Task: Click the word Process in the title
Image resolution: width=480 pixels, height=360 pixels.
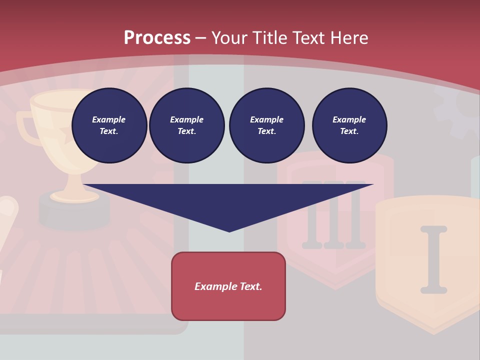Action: pos(157,38)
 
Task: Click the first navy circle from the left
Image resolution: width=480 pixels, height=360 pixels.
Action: pos(109,125)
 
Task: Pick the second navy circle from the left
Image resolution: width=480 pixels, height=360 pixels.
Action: pos(187,125)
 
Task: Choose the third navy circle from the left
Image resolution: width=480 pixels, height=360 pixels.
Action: pos(267,125)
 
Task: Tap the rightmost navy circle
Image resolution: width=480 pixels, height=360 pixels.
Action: pos(349,125)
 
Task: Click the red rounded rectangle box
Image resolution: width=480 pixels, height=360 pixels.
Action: pos(228,286)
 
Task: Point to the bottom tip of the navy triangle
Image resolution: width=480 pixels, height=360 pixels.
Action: pos(229,231)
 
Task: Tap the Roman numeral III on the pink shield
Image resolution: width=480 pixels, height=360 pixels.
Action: pos(334,215)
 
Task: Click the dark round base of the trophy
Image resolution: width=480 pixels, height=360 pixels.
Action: pos(74,212)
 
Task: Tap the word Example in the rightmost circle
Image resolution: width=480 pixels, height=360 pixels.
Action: pos(349,119)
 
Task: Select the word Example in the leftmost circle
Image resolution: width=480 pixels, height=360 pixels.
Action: pos(109,119)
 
